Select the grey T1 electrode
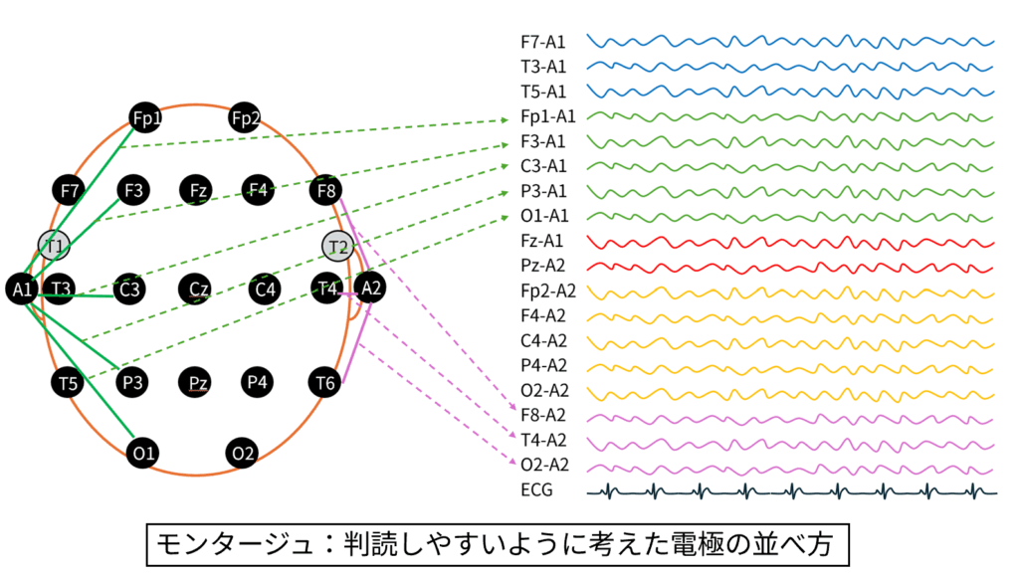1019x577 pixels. tap(54, 244)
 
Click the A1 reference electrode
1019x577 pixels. tap(21, 289)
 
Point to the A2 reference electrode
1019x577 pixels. tap(370, 288)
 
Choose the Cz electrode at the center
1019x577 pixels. tap(196, 289)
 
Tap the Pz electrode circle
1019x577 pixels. tap(196, 381)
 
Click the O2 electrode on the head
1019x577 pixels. tap(243, 454)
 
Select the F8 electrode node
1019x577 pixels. tap(325, 189)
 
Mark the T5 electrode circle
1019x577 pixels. tap(68, 381)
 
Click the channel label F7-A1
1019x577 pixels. tap(542, 43)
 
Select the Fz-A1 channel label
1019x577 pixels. tap(542, 242)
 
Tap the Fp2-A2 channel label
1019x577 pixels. tap(547, 291)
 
